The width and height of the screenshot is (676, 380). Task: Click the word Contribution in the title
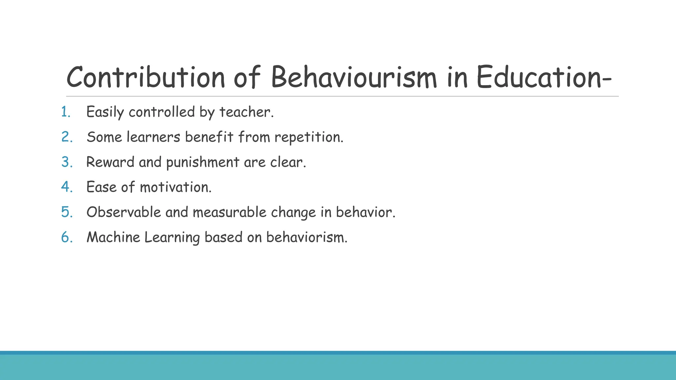coord(146,77)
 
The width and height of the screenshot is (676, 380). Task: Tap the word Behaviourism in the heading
coord(354,77)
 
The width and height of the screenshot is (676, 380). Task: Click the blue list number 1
coord(66,112)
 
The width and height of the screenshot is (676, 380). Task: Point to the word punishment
coord(203,162)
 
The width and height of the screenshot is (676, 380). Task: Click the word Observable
coord(123,212)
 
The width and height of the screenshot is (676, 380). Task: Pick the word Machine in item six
coord(113,237)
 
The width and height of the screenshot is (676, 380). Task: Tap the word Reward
coord(110,162)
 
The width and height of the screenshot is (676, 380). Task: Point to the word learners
coord(153,137)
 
